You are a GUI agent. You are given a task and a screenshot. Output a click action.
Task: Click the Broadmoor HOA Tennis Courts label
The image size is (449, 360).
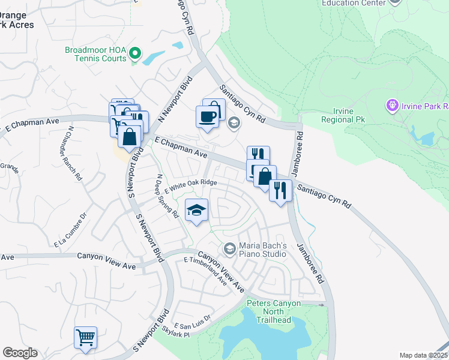(95, 54)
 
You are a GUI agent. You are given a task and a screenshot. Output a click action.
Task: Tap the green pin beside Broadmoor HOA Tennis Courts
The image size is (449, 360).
(135, 55)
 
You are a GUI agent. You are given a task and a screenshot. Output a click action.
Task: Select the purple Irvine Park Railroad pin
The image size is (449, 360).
(393, 106)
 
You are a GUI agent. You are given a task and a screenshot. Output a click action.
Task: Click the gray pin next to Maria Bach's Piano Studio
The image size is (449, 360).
(229, 248)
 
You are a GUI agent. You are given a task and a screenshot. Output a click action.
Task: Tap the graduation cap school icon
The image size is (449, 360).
(196, 211)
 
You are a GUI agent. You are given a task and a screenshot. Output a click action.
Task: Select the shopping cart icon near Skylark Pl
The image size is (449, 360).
(85, 337)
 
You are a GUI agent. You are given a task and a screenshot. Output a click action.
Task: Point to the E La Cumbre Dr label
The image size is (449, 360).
(71, 230)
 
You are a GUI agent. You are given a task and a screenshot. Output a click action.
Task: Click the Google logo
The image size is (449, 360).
(20, 353)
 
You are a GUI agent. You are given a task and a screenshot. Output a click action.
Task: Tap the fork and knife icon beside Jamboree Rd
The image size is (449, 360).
(280, 191)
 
